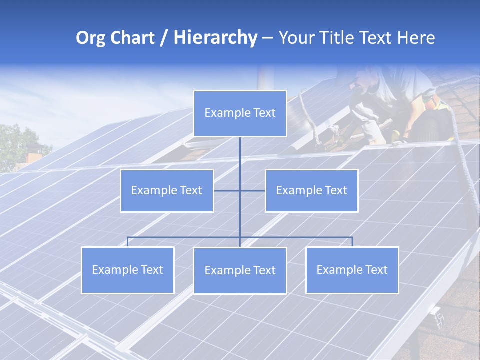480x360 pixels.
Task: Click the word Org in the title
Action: click(x=90, y=38)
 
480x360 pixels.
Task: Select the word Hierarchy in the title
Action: click(x=215, y=38)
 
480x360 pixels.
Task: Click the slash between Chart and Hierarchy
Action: click(x=164, y=38)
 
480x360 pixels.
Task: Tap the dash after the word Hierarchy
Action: click(x=267, y=39)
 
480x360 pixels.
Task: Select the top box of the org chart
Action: click(x=240, y=113)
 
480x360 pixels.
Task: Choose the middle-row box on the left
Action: click(x=167, y=191)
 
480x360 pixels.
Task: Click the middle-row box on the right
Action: click(x=311, y=191)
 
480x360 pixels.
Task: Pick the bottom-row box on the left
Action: click(x=128, y=270)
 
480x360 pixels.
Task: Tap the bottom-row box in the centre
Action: click(x=240, y=271)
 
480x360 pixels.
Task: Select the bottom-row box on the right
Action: click(x=352, y=270)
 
